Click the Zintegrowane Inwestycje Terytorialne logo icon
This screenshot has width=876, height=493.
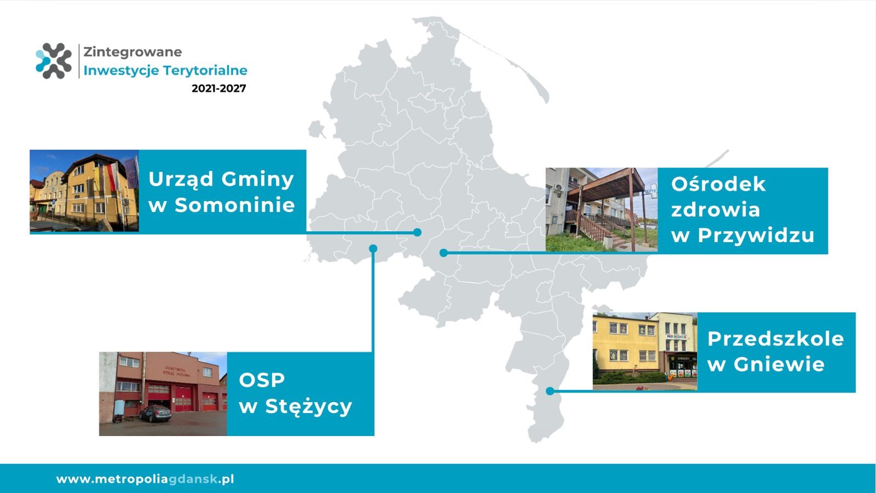point(54,61)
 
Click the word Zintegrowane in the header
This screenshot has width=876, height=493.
point(132,52)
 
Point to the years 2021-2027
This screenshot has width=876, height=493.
point(218,88)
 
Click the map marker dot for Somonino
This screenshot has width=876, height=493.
point(417,232)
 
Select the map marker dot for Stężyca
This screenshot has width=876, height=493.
point(373,249)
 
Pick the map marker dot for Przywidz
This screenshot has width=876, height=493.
point(443,253)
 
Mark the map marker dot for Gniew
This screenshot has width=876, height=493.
point(550,391)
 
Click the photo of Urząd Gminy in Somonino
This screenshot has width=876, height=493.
point(84,191)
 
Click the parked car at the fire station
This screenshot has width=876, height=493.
point(155,413)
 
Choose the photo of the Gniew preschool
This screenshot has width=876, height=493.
point(645,351)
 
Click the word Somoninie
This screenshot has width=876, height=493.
point(235,205)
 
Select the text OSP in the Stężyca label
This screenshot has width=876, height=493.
point(262,380)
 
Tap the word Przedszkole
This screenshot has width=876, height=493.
point(775,339)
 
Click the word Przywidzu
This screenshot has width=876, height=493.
point(756,236)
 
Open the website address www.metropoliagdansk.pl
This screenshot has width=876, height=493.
point(145,479)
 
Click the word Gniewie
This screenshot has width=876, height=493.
point(779,365)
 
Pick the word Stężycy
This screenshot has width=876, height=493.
point(309,407)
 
